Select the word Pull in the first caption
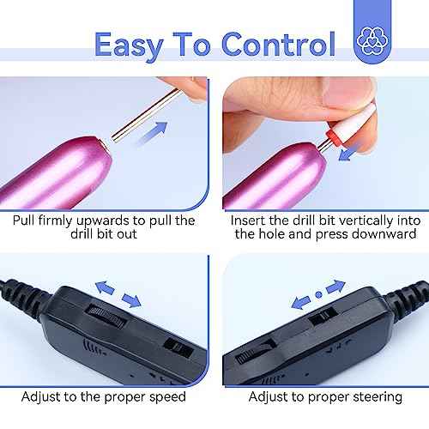click(26, 221)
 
